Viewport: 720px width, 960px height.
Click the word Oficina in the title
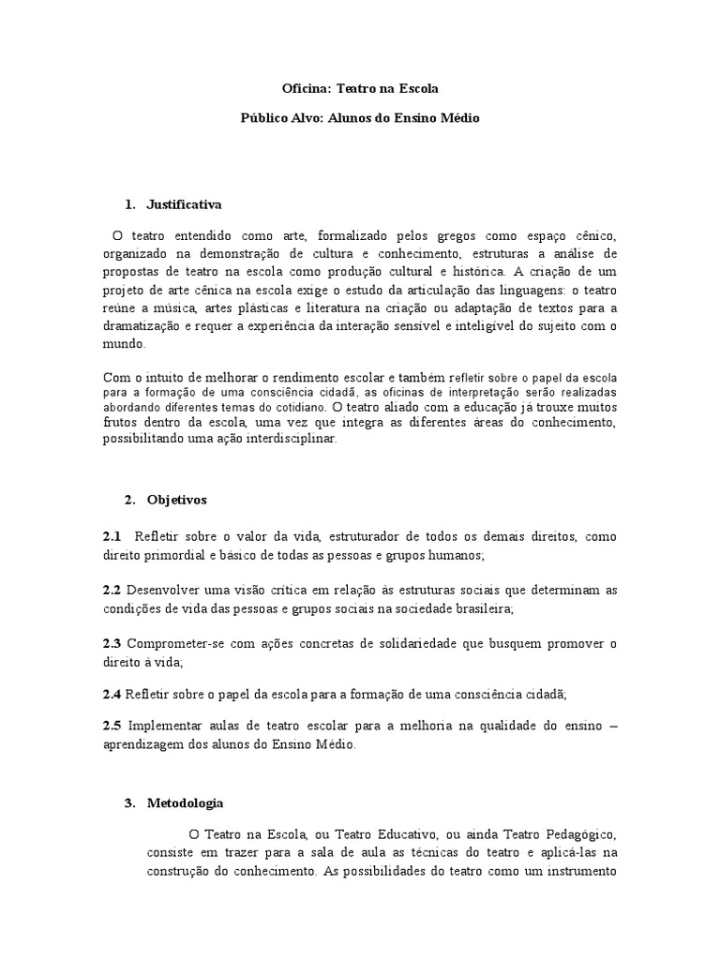coord(304,88)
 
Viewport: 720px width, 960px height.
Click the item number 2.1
coord(112,536)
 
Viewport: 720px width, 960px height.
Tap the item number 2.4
coord(112,695)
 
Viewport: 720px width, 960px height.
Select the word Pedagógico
coord(573,832)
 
